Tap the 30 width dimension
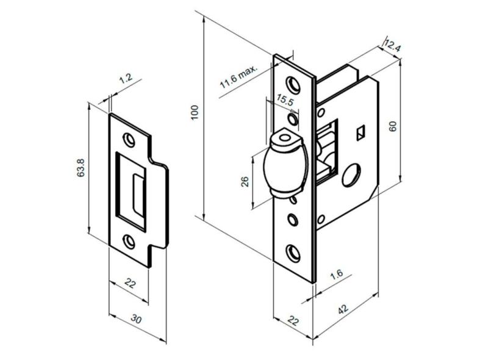tap(137, 320)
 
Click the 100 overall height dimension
tap(195, 112)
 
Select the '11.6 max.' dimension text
tap(239, 78)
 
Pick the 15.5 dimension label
tap(284, 100)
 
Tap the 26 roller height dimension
tap(245, 181)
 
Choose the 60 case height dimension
tap(393, 126)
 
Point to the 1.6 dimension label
tap(335, 275)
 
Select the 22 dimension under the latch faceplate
tap(293, 321)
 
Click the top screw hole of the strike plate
tap(129, 140)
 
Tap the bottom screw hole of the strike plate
tap(130, 242)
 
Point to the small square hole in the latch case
tap(361, 131)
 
